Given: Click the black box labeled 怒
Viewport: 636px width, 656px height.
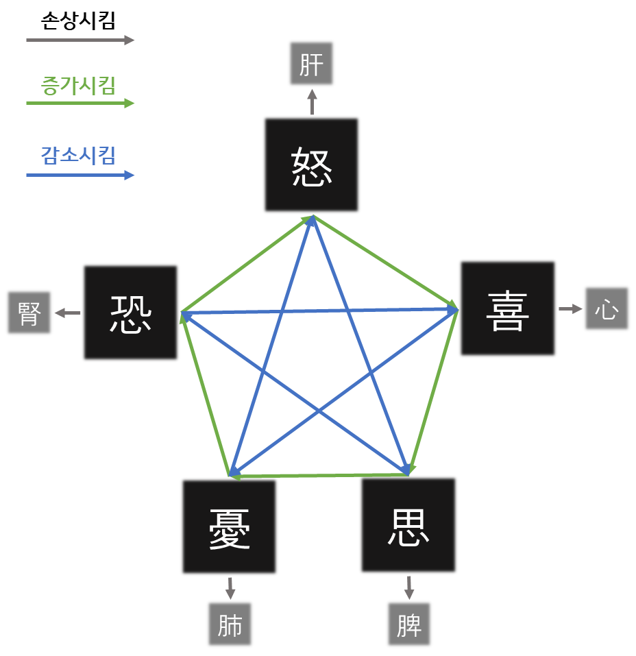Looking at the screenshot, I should click(x=311, y=165).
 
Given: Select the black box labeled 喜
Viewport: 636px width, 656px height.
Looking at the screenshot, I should click(x=507, y=308).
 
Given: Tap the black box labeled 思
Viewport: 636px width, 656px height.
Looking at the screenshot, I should click(x=408, y=525).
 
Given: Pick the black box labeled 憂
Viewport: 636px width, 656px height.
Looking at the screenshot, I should click(x=229, y=526).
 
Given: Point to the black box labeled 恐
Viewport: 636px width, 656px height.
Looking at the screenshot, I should click(x=130, y=313).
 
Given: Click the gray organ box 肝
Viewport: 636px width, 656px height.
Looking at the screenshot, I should click(x=311, y=64).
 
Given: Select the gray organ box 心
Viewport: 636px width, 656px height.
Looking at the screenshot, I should click(x=607, y=308).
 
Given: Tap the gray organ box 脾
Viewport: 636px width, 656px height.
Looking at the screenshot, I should click(x=408, y=624).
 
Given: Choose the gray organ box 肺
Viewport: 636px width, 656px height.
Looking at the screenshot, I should click(x=230, y=624).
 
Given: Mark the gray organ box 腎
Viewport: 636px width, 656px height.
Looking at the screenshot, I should click(x=29, y=313).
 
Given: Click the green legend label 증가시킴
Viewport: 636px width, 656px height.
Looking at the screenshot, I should click(x=78, y=86).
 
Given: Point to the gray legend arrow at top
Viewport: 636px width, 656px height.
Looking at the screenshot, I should click(x=80, y=40).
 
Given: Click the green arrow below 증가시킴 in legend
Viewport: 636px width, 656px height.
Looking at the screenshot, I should click(x=80, y=104).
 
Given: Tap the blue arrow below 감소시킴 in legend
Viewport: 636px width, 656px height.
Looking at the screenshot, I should click(x=80, y=175).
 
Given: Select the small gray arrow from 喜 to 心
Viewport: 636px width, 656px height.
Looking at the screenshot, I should click(x=570, y=308).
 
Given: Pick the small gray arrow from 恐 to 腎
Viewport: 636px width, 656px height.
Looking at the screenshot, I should click(x=67, y=313).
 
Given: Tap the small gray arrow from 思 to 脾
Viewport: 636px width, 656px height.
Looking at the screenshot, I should click(x=408, y=587).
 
